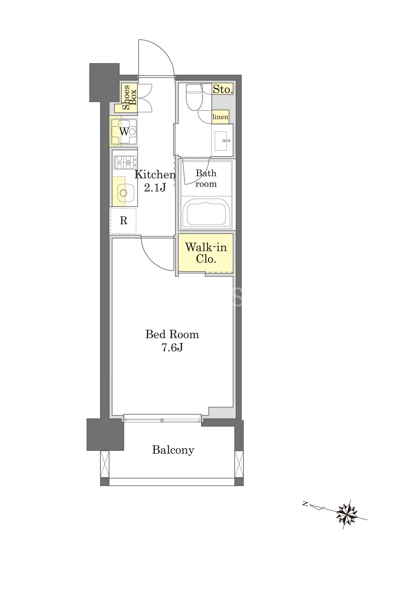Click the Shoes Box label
pyautogui.click(x=129, y=97)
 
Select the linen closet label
pyautogui.click(x=220, y=117)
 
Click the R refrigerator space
pyautogui.click(x=123, y=221)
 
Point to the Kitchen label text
pyautogui.click(x=155, y=175)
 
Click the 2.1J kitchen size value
pyautogui.click(x=155, y=188)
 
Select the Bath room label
pyautogui.click(x=206, y=178)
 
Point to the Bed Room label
pyautogui.click(x=172, y=334)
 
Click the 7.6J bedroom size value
pyautogui.click(x=172, y=348)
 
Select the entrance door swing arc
pyautogui.click(x=164, y=49)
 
